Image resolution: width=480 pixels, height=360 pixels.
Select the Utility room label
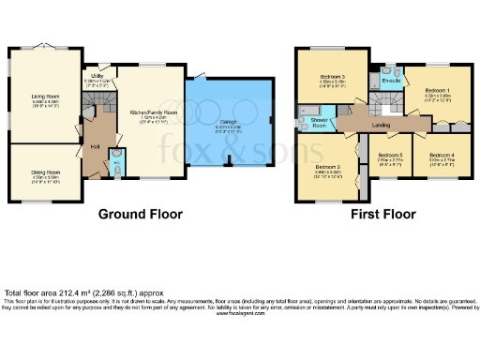pos(97,79)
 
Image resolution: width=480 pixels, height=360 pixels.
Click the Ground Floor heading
pos(140,215)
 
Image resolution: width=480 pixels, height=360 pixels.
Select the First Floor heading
pos(383,215)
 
